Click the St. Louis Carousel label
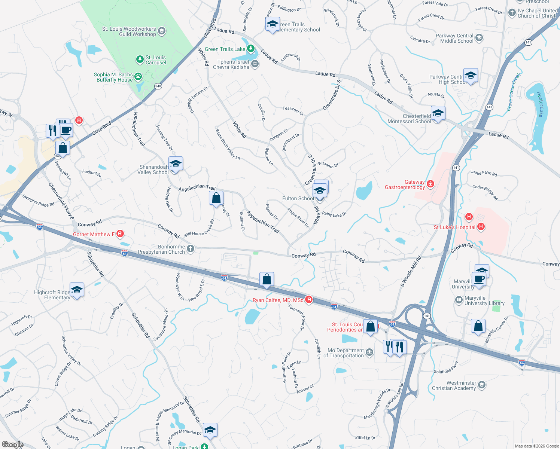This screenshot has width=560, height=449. pos(156,60)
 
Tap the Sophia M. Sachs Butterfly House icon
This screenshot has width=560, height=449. pos(138,77)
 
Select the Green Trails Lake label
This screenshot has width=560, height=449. pos(225,49)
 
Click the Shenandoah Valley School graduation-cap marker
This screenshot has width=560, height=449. pos(176,164)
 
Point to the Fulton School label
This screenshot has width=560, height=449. pos(298,198)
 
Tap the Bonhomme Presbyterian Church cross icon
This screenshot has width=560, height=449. pos(191,248)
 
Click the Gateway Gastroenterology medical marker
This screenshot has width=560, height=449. pos(430,183)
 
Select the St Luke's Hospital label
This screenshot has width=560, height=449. pos(454,227)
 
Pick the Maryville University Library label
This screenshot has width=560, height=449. pos(484,300)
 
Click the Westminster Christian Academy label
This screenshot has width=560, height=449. pos(454,385)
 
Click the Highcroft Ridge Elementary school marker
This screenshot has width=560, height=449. pos(77,290)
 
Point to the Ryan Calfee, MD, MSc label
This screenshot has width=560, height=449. pos(278,300)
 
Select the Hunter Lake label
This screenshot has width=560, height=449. pos(540,104)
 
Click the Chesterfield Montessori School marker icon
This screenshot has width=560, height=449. pos(438,113)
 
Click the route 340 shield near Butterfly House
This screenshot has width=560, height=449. pos(158,86)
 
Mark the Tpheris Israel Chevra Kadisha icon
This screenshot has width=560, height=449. pos(255,64)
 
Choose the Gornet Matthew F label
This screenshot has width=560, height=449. pos(94,234)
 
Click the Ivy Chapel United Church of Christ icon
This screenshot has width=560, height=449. pos(512,13)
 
